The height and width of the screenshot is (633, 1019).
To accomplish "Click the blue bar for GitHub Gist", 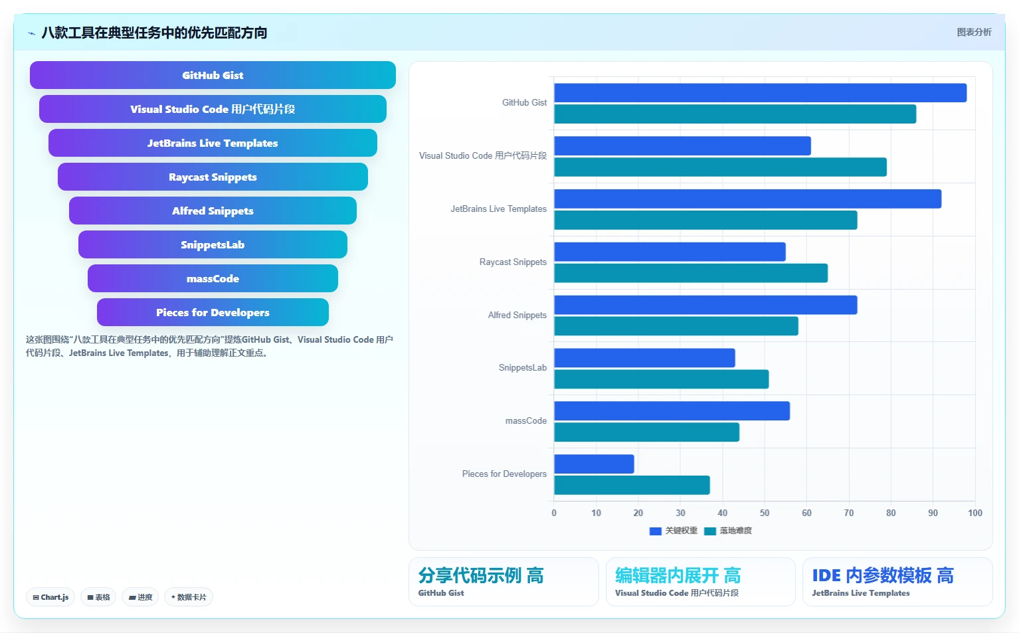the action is click(760, 93).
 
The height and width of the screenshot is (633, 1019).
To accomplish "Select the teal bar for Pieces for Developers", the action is click(632, 485).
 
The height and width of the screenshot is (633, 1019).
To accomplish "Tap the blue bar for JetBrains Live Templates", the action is click(747, 199).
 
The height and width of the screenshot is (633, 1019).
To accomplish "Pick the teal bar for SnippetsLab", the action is click(662, 379).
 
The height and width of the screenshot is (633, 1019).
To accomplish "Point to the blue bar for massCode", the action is click(672, 410).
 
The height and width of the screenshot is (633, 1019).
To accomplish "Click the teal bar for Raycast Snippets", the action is click(691, 273).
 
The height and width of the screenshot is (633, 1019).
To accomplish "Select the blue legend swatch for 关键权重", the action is click(655, 531).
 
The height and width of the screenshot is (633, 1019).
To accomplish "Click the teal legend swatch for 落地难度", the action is click(710, 531).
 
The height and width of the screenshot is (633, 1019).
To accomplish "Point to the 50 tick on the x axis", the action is click(765, 513).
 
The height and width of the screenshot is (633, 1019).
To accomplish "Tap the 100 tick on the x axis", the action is click(975, 513).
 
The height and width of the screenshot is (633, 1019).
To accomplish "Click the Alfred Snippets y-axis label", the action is click(517, 315).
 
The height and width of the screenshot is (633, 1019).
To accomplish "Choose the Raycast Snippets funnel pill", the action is click(213, 177).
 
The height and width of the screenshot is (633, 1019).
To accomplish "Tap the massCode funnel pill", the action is click(213, 278).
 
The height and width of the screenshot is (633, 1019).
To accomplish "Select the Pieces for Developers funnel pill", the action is click(213, 312).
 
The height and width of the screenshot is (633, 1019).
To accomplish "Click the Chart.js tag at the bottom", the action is click(50, 597).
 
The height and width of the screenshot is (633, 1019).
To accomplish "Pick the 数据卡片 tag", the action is click(189, 597).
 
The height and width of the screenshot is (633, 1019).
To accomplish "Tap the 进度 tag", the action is click(140, 597).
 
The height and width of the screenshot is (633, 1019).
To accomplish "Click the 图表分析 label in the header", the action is click(974, 33).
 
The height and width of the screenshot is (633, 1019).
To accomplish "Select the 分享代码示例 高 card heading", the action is click(481, 576).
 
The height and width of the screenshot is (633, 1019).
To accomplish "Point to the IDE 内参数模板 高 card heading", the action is click(883, 576).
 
